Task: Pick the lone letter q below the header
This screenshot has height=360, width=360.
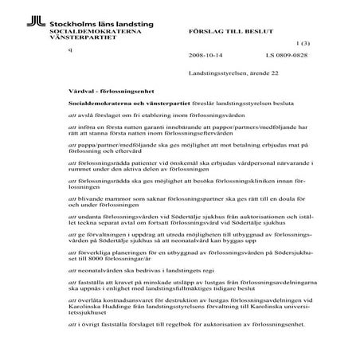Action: (70, 50)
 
